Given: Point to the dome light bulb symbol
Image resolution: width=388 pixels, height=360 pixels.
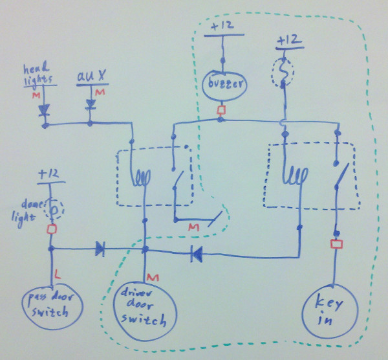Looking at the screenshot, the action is [x=54, y=210].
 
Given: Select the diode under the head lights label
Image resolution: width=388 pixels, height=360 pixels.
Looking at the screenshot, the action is [x=44, y=110].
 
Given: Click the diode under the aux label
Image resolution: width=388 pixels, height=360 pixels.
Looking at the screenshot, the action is [x=91, y=104].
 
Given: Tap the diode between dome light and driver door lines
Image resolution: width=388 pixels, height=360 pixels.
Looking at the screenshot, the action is [x=100, y=249].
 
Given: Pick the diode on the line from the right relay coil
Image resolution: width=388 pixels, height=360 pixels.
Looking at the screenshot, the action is [x=197, y=254].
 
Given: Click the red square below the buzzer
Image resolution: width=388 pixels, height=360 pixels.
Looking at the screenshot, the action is [x=221, y=110].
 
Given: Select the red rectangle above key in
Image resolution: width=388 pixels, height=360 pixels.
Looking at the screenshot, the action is [x=336, y=244].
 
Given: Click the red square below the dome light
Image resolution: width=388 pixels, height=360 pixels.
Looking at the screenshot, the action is [x=52, y=229].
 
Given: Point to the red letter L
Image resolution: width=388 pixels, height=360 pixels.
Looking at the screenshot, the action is [x=57, y=275].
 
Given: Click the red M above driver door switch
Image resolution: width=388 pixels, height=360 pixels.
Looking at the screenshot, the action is [x=153, y=278].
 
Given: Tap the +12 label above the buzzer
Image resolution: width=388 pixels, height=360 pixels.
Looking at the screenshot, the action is [x=222, y=25].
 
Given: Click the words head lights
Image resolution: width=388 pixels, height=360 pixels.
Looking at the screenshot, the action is [x=38, y=74].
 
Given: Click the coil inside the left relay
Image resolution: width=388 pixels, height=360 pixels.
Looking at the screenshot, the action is [x=142, y=177].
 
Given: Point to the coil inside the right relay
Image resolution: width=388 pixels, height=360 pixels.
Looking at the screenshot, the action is [x=296, y=175].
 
